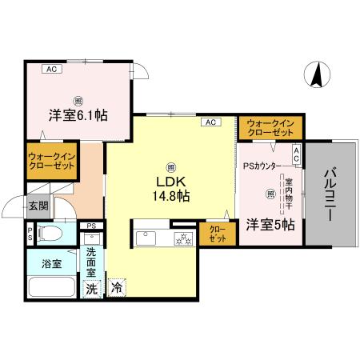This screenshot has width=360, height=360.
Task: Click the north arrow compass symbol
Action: (318, 75)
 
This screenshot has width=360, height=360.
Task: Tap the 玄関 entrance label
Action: (39, 206)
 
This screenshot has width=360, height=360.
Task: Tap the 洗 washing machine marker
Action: (92, 289)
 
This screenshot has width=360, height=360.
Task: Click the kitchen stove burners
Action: (182, 238)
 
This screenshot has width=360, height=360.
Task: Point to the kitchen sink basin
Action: (149, 238)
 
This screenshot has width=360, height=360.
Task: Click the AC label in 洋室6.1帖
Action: (51, 70)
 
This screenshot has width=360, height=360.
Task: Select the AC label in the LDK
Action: (210, 122)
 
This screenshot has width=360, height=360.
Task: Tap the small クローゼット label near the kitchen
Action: (218, 234)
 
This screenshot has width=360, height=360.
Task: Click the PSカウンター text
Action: (262, 166)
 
